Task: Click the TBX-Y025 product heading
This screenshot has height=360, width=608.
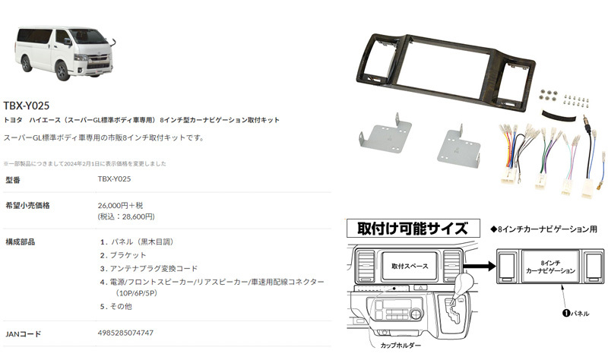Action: [x=27, y=106]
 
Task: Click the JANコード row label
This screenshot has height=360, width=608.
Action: [x=24, y=333]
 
